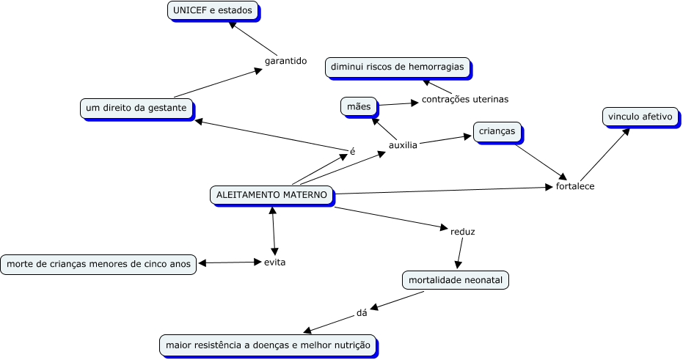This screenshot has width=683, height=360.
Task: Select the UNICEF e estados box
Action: coord(212,11)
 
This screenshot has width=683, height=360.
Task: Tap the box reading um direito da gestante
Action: coord(136,109)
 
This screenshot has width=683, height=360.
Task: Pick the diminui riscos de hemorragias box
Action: coord(397,67)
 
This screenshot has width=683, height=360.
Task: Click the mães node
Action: coord(359,106)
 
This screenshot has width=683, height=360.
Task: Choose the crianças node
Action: coord(497,132)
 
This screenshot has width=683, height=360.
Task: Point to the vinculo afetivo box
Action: coord(640,117)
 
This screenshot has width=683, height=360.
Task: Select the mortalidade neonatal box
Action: coord(455,280)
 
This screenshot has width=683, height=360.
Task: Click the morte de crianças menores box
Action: coord(98,264)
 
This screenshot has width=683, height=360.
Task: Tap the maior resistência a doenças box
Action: coord(268,345)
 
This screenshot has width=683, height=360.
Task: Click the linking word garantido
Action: coord(285,61)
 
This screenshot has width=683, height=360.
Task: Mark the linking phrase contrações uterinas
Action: coord(464,99)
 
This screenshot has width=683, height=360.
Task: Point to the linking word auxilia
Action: coord(403,145)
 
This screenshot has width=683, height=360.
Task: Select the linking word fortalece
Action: coord(575,186)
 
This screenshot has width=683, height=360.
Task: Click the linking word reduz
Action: coord(462,232)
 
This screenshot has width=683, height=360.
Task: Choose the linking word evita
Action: coord(274,262)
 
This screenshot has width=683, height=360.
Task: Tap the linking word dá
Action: coord(361,312)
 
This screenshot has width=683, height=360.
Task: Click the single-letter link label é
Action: coord(352,152)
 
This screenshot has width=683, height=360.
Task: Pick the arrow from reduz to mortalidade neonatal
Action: coord(459,254)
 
